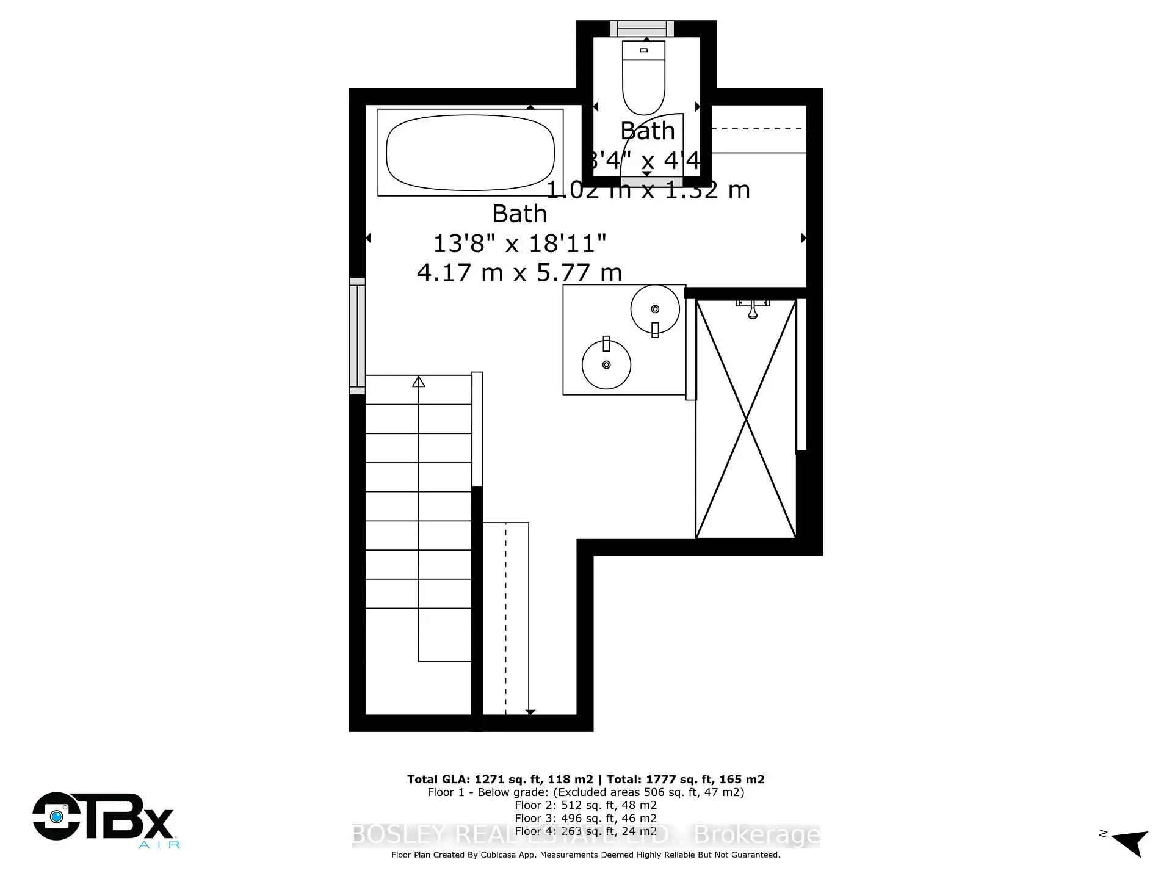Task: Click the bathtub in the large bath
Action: [470, 153]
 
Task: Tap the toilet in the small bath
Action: [643, 76]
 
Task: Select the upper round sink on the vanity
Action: [655, 309]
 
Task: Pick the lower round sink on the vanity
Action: [606, 364]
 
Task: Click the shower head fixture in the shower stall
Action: [753, 308]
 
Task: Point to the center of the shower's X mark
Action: [746, 419]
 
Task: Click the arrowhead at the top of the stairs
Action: [418, 382]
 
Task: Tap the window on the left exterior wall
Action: [357, 336]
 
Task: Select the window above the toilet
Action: [642, 29]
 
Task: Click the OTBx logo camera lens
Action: [58, 816]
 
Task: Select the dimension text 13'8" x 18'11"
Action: [519, 244]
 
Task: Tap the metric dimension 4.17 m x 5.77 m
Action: [519, 272]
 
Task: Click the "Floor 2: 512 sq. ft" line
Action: [585, 805]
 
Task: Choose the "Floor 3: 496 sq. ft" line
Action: [585, 818]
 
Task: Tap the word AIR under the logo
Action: [159, 845]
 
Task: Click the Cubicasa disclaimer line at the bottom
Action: [585, 855]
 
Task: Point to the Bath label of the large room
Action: [519, 214]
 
